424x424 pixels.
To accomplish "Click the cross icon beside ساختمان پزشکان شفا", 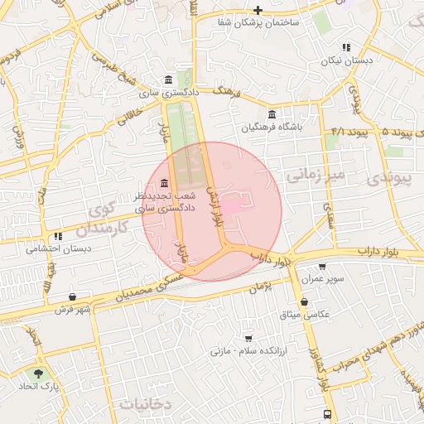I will tap(258, 10).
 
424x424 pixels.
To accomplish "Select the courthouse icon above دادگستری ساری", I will tap(169, 79).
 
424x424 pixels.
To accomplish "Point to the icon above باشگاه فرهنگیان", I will tap(272, 114).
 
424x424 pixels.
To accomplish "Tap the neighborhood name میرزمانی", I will tap(314, 175).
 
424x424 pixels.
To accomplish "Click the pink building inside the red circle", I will tap(236, 204).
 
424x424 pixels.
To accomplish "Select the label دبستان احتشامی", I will tap(57, 248).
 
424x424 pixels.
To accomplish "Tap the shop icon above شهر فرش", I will tap(73, 296).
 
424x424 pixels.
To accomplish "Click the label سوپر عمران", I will tap(321, 280).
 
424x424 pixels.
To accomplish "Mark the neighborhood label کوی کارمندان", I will tap(108, 217).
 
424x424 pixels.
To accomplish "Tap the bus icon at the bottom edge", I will tap(327, 414).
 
